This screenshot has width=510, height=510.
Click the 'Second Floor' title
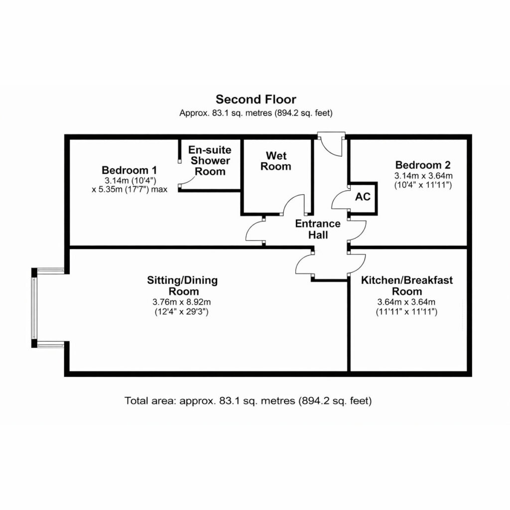255,99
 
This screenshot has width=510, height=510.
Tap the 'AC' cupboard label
363,197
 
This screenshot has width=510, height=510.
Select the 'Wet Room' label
276,161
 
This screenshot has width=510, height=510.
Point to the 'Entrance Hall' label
318,229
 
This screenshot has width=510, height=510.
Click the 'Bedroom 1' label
129,170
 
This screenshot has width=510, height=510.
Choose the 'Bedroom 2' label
423,165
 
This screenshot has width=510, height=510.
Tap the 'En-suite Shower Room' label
210,160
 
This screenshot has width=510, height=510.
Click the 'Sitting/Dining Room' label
182,285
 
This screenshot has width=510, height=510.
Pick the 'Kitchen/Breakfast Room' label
407,285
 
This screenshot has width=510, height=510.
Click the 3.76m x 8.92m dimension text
181,302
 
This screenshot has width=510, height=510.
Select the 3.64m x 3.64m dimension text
406,302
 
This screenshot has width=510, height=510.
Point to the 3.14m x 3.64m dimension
423,176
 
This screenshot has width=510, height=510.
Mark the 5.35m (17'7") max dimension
129,189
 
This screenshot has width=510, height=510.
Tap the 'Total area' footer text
248,400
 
